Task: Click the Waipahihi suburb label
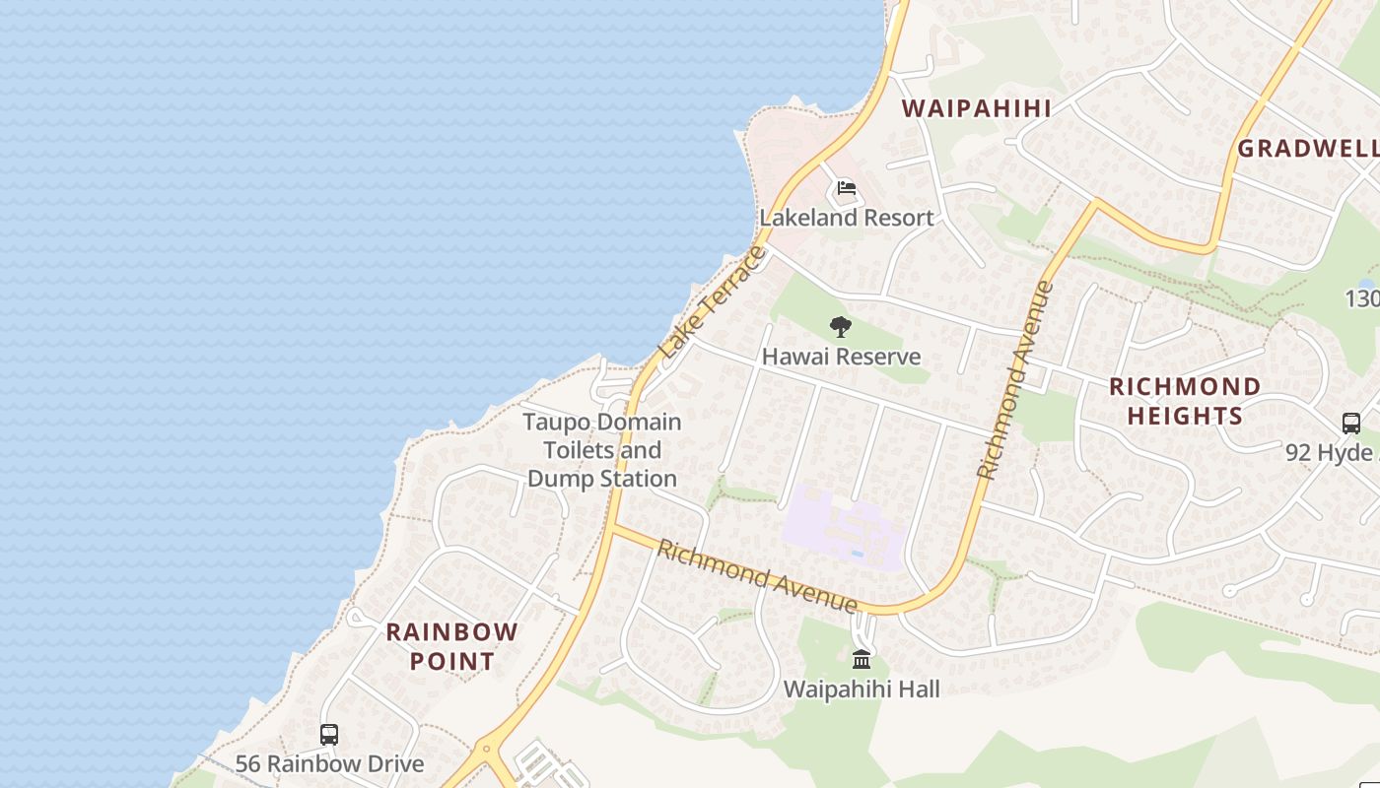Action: (x=977, y=108)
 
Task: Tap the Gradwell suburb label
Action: (x=1307, y=149)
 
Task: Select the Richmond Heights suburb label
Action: (x=1185, y=401)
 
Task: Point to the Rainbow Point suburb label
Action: (x=451, y=646)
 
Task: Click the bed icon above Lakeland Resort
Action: (x=846, y=188)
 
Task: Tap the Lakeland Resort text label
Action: (x=846, y=218)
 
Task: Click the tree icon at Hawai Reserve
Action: (x=840, y=327)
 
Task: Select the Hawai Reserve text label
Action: (x=841, y=357)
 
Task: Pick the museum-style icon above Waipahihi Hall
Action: (x=862, y=659)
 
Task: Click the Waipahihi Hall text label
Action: (x=862, y=689)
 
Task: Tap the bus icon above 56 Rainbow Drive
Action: (x=329, y=734)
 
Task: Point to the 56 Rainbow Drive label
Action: (x=329, y=763)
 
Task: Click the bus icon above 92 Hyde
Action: (x=1351, y=423)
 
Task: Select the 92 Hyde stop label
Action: (x=1331, y=452)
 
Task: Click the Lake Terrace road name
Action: (x=712, y=301)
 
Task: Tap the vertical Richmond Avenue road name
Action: (x=1015, y=380)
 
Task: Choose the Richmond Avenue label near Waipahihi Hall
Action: (x=757, y=575)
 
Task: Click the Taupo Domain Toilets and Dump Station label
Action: (x=602, y=450)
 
